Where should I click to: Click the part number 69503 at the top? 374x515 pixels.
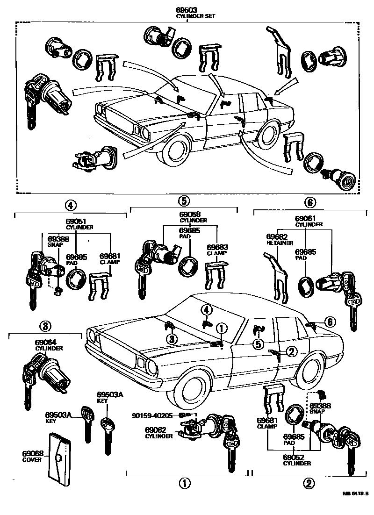pyautogui.click(x=186, y=10)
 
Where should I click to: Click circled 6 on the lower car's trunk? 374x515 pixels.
pyautogui.click(x=330, y=322)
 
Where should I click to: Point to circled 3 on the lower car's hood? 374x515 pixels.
pyautogui.click(x=172, y=337)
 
